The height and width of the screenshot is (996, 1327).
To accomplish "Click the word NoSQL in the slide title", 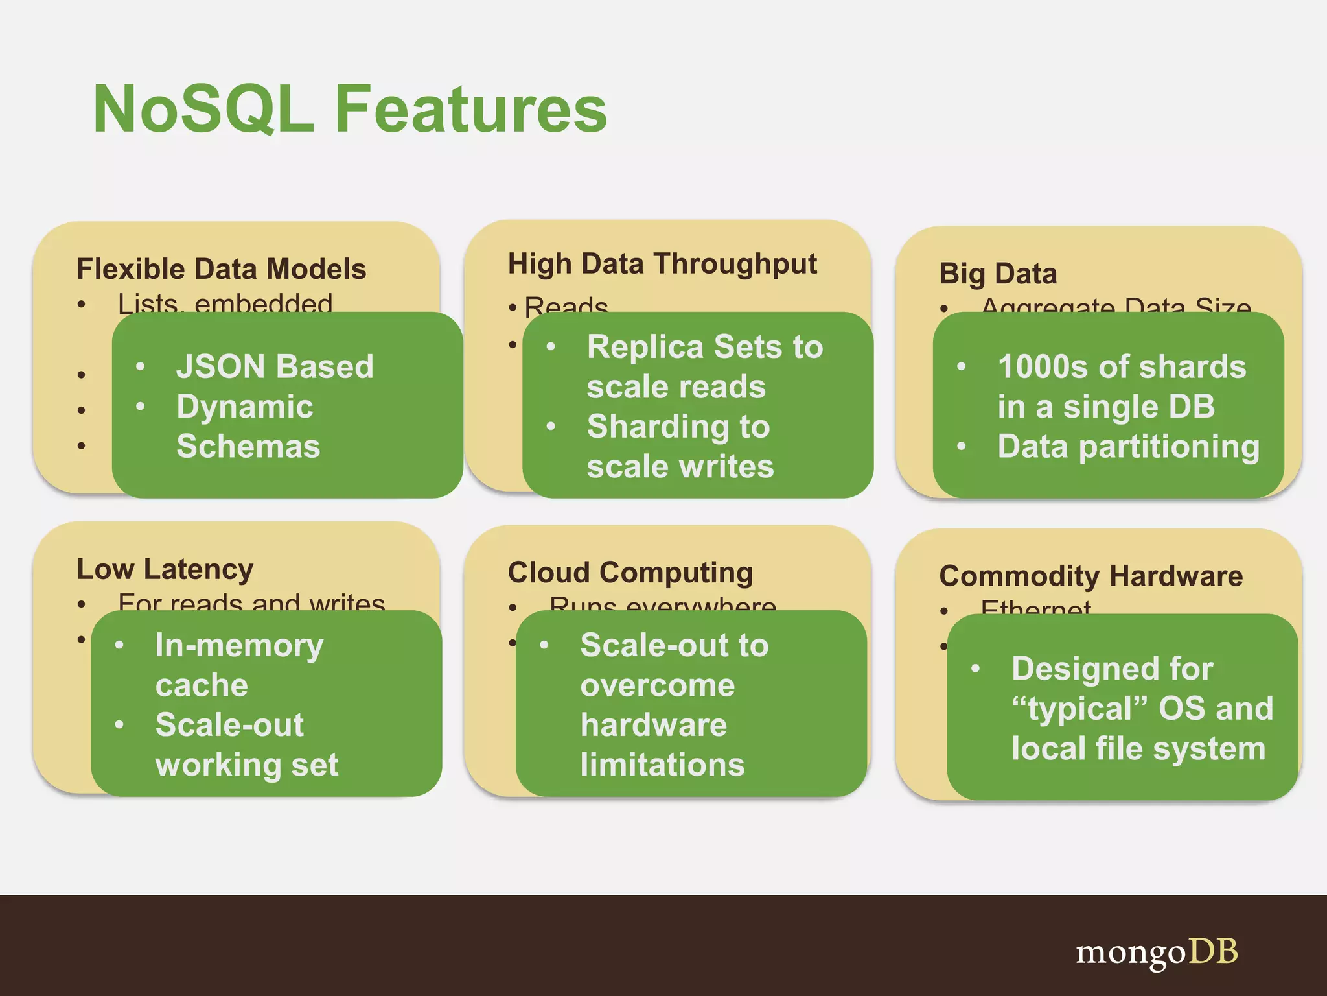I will (203, 109).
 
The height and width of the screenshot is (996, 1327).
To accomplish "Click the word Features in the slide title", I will (471, 109).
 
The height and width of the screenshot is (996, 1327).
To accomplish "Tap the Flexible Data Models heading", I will (222, 269).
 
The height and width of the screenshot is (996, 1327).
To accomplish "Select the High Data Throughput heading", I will (662, 265).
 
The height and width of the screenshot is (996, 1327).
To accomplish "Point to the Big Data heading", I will (998, 274).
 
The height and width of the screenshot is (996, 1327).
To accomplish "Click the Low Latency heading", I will (165, 569).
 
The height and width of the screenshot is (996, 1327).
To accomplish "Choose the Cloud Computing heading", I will (630, 573).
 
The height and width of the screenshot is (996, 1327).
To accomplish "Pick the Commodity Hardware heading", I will (1091, 576).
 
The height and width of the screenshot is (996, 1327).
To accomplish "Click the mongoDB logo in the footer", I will (1157, 953).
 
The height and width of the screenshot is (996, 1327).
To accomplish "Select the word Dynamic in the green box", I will (245, 407).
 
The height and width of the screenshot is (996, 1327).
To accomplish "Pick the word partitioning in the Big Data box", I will (1169, 447).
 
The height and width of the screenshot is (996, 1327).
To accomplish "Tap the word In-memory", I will (239, 646).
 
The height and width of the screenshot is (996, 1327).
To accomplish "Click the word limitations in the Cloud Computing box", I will (662, 765).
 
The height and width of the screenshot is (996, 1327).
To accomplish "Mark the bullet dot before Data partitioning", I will (962, 446).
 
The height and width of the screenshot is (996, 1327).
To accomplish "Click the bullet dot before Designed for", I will (975, 669).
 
